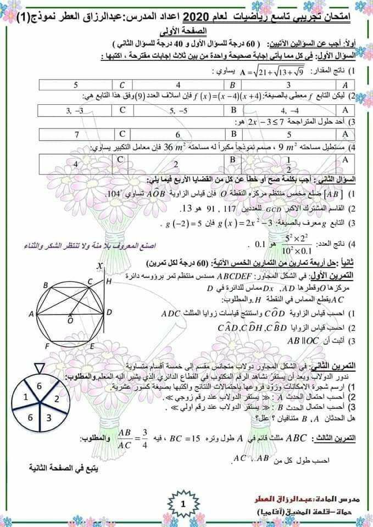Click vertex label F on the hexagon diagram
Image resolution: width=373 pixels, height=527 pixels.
(x=48, y=346)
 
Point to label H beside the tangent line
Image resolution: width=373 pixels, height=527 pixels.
(x=108, y=282)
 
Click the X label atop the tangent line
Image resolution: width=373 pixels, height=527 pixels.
(x=100, y=266)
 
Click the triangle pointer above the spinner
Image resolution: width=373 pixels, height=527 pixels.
(x=39, y=367)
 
